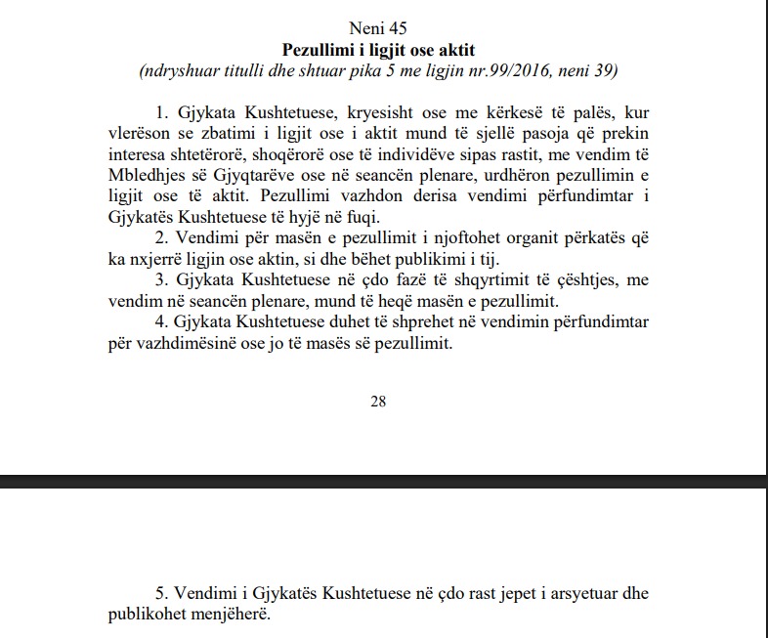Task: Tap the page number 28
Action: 378,400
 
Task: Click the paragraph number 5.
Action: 161,594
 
